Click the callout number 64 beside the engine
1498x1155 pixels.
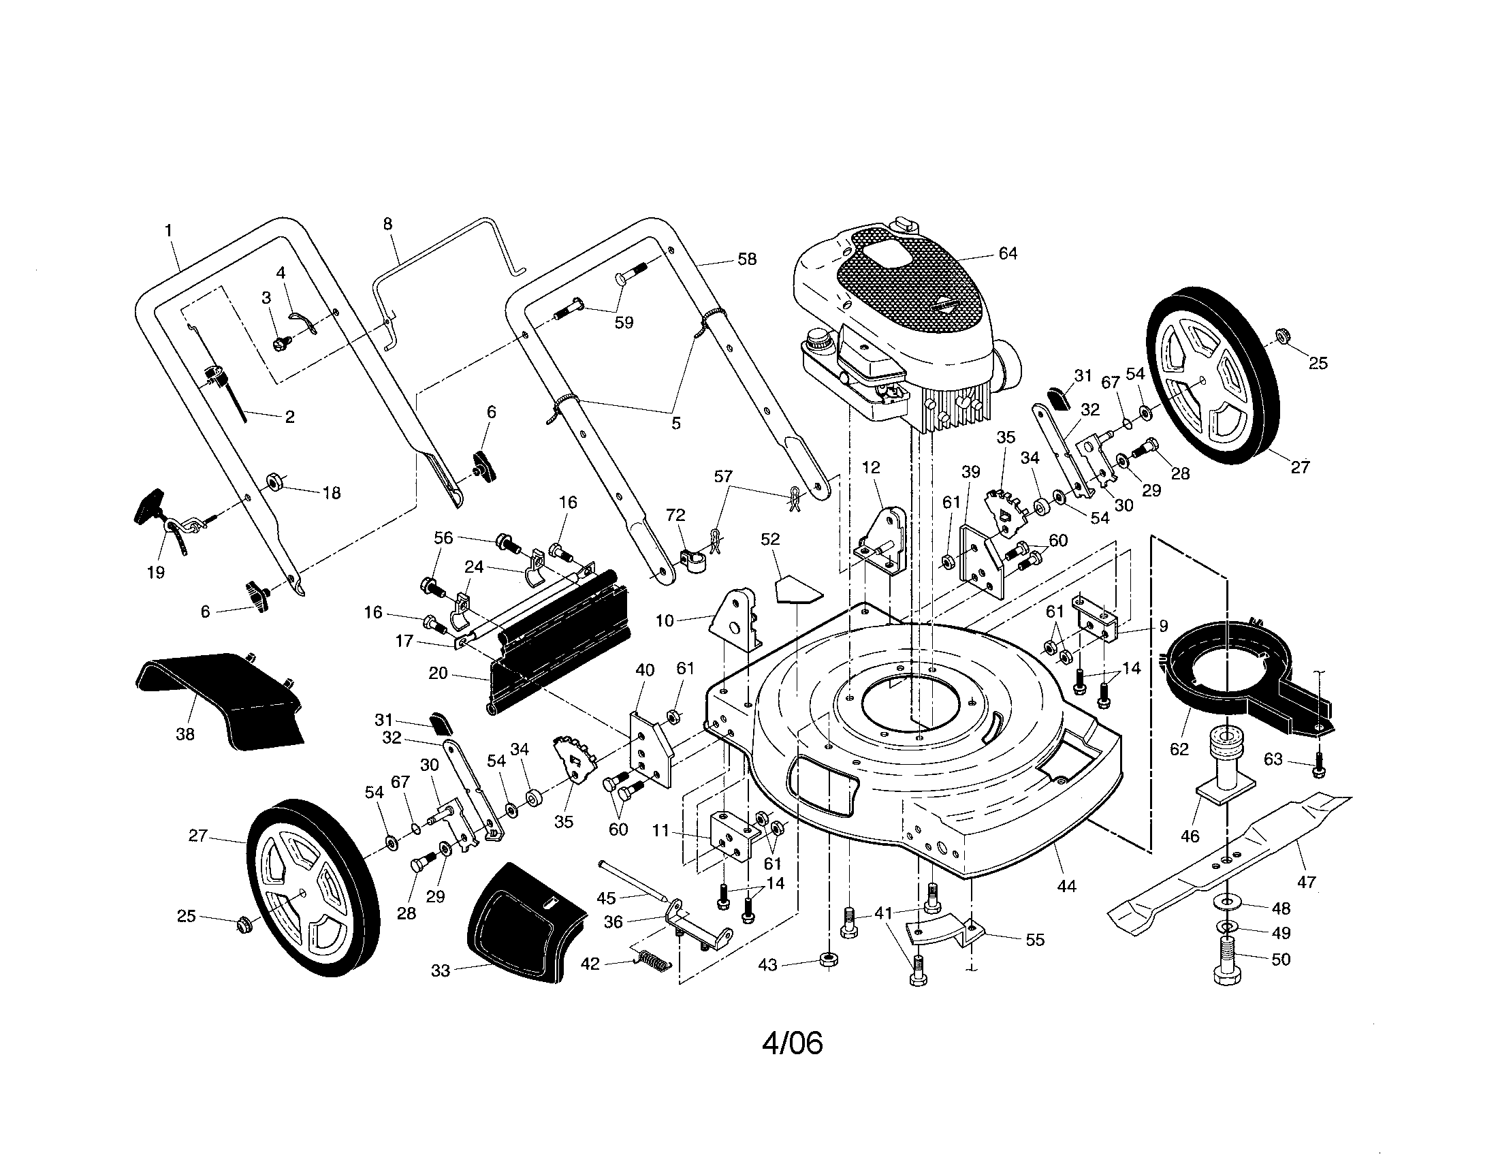[x=1007, y=254]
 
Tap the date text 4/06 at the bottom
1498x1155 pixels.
[x=792, y=1043]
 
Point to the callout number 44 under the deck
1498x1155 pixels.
[x=1066, y=886]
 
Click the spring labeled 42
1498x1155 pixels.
[x=652, y=961]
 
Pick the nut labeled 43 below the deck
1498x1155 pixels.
[x=829, y=958]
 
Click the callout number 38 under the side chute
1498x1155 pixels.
[x=185, y=735]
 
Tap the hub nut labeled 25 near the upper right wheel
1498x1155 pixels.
[x=1280, y=334]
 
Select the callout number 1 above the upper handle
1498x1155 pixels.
[x=169, y=231]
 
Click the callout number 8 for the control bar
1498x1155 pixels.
[x=387, y=223]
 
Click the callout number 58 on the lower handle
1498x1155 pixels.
[x=747, y=259]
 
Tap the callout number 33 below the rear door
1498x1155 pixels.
[x=441, y=970]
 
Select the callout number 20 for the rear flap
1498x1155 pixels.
[x=438, y=674]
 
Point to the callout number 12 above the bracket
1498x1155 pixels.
[x=870, y=468]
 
